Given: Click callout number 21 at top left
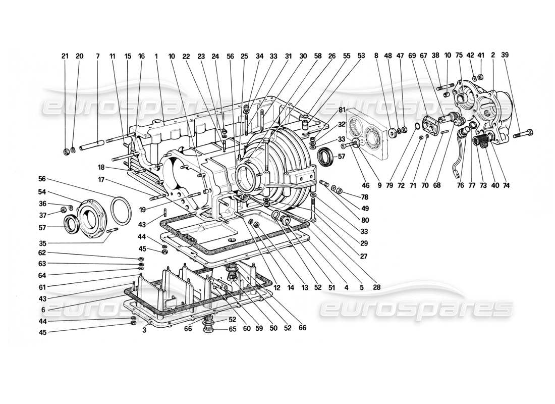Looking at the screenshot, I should pyautogui.click(x=65, y=57).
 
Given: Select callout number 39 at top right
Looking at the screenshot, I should pyautogui.click(x=520, y=57).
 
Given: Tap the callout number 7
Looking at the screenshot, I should pyautogui.click(x=98, y=57).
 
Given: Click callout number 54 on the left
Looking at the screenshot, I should pyautogui.click(x=42, y=192).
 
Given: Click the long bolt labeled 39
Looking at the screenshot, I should pyautogui.click(x=523, y=134).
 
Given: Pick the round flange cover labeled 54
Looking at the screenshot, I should pyautogui.click(x=89, y=213).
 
